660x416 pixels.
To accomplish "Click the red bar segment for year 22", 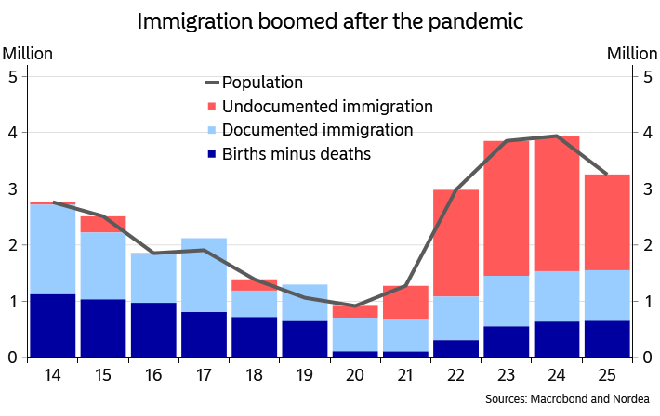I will [455, 242].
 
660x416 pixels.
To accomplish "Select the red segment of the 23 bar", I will [506, 208].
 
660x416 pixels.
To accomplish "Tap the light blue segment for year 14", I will [52, 249].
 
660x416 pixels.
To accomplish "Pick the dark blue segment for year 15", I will [102, 328].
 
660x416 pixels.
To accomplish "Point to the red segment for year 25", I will [606, 222].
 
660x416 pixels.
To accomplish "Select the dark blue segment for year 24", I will [556, 339].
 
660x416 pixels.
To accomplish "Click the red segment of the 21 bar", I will [405, 302].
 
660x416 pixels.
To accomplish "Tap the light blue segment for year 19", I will [304, 303].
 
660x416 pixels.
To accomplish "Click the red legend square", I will [212, 107].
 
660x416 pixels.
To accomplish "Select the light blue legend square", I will [212, 131].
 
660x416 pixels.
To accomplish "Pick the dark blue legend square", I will [212, 154].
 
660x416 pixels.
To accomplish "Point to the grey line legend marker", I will [212, 83].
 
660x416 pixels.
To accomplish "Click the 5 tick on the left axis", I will [11, 77].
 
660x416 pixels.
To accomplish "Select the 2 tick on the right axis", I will [648, 245].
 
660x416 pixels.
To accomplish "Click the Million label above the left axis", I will [27, 54].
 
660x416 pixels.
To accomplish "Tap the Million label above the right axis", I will [632, 54].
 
